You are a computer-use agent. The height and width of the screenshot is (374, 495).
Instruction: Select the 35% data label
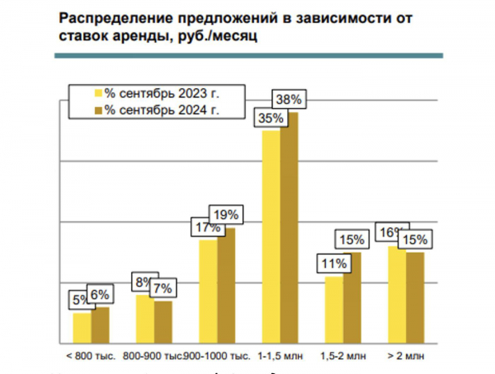[271, 119]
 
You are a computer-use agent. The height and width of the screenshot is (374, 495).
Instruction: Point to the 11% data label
[333, 264]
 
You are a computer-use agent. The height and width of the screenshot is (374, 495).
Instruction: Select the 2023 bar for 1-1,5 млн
[270, 235]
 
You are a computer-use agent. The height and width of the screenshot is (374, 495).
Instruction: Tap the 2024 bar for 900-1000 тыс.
[225, 284]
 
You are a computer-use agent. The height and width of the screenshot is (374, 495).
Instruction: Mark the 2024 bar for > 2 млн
[415, 297]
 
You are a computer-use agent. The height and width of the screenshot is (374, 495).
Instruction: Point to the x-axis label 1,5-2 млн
[341, 357]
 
